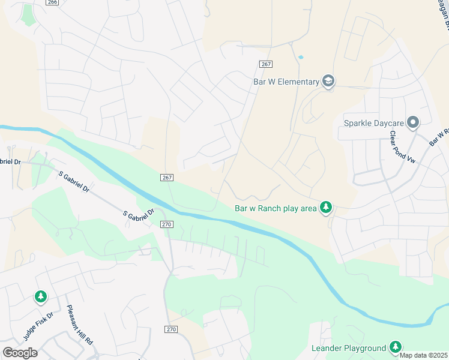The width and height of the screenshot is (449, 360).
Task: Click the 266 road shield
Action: coord(52,2)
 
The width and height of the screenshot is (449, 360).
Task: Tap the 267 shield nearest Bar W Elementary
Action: coord(266,64)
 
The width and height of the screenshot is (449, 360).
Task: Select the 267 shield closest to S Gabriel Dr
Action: coord(167,178)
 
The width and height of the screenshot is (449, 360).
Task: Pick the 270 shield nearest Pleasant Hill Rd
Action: coord(170,329)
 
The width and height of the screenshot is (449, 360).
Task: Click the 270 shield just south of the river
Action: coord(167,224)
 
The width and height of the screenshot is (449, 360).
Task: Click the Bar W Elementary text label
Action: coord(285,82)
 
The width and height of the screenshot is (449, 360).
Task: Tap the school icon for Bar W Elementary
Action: coord(328,81)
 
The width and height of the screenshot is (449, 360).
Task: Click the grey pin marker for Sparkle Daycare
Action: coord(412,123)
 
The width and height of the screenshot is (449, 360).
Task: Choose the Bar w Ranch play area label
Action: coord(274,208)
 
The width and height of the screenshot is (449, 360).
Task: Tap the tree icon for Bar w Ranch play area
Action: coord(326,208)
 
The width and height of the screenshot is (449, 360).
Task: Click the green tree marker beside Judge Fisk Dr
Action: coord(40,296)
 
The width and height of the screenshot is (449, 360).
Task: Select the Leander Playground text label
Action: coord(348,348)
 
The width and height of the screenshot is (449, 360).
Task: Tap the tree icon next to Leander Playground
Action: coord(395,347)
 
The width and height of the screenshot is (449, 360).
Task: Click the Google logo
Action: coord(20,353)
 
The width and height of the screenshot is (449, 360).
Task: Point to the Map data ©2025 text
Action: coord(423,355)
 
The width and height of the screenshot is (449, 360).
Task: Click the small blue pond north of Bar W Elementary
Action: coord(300,58)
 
